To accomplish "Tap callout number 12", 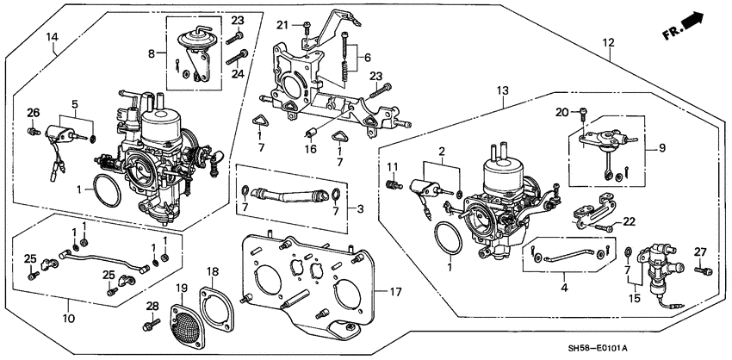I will tap(608, 42).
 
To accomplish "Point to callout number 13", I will tap(502, 90).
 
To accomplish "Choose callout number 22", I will tap(629, 220).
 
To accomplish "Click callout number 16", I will tap(311, 147).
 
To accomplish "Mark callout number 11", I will tap(390, 165).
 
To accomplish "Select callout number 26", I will tap(33, 112).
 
